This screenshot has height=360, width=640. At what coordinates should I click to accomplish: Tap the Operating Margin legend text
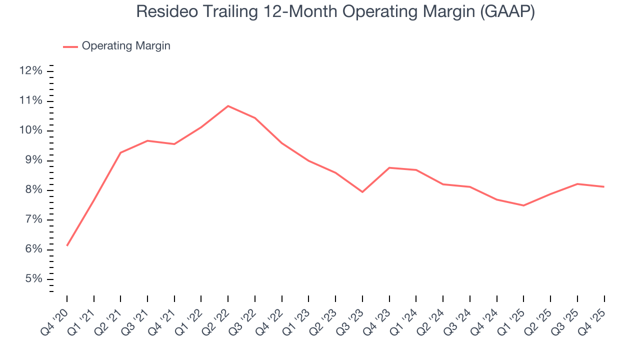(x=126, y=46)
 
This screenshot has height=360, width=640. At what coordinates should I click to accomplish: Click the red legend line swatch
(x=70, y=46)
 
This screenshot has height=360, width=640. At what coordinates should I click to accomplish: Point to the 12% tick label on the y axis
(x=30, y=71)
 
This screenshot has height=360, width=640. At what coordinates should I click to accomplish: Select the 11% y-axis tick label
(x=30, y=101)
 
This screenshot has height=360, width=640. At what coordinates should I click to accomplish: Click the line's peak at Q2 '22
(x=228, y=106)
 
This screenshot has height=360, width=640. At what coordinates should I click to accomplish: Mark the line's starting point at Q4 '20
(x=67, y=245)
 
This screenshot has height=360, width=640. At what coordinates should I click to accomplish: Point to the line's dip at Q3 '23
(x=362, y=192)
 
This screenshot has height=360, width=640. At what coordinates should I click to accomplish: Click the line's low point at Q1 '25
(x=523, y=205)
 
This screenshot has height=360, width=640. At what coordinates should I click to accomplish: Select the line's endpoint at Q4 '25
(x=604, y=186)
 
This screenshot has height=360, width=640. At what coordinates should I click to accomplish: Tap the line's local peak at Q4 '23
(x=389, y=167)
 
